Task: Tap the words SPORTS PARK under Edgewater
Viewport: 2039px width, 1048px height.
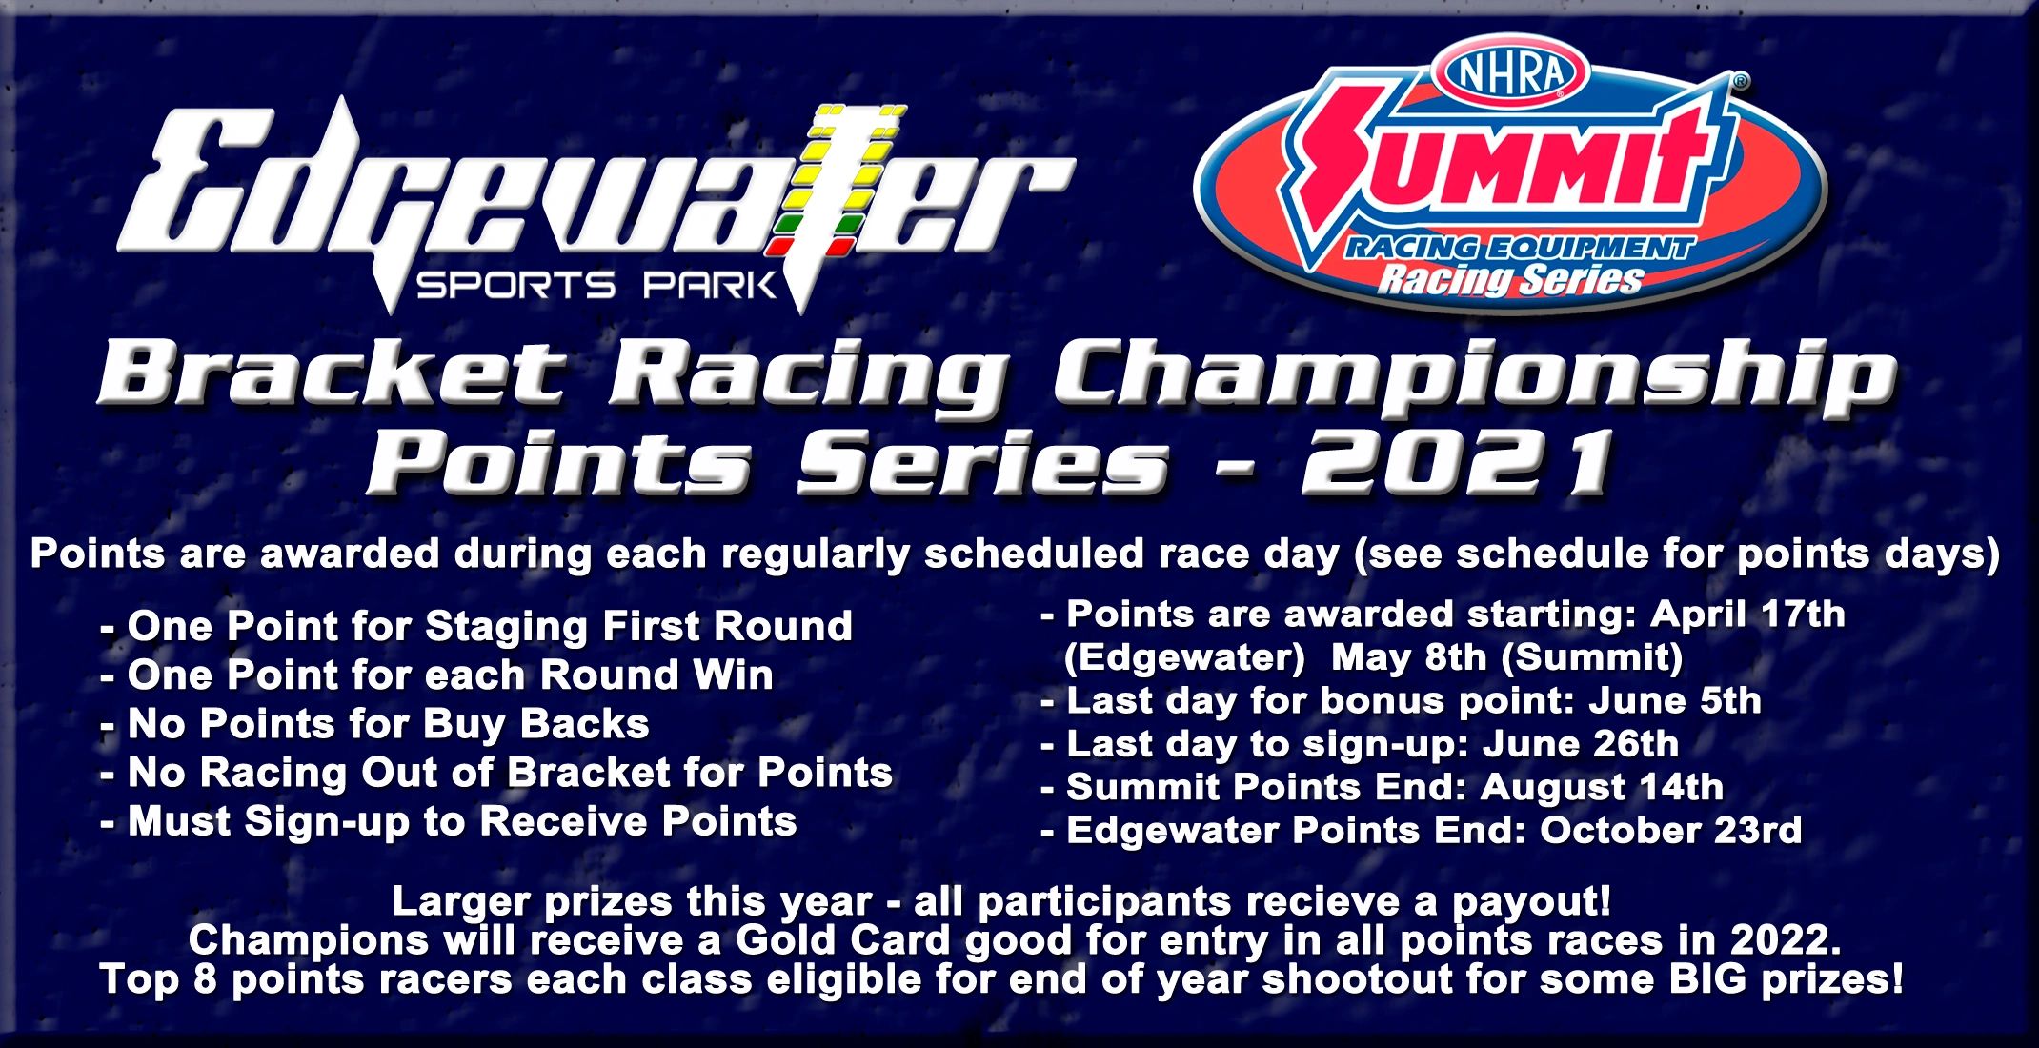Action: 596,285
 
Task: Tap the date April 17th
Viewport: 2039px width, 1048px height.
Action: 1747,615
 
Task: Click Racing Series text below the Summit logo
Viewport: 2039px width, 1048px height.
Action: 1511,280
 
